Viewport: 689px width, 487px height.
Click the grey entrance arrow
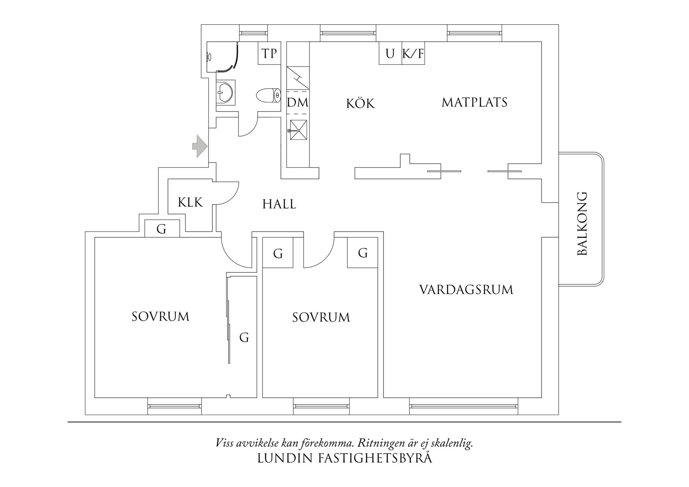200,146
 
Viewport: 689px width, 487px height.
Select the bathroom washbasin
225,93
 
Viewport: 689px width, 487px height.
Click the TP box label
269,53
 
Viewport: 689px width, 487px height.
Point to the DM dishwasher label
298,103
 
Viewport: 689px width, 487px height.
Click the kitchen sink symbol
298,130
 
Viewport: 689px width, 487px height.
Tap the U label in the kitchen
390,53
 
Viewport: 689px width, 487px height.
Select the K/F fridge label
413,53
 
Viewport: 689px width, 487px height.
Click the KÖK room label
360,103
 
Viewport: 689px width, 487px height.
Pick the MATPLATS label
475,103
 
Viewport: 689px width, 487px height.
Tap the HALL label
279,204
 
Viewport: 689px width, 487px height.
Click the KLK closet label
190,202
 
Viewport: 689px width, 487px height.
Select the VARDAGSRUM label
466,290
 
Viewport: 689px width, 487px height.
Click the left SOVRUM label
160,317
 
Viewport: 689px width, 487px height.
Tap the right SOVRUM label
321,317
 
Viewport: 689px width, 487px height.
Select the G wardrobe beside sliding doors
244,337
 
